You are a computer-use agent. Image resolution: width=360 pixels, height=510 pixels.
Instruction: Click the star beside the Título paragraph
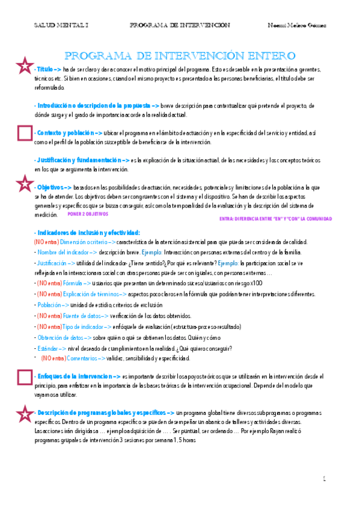(x=24, y=67)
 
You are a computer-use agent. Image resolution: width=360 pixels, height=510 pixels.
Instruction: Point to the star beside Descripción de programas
(x=24, y=413)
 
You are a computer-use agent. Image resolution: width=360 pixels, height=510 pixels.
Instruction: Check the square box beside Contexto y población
(x=25, y=133)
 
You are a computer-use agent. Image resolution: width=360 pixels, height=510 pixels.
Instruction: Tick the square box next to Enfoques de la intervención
(x=25, y=376)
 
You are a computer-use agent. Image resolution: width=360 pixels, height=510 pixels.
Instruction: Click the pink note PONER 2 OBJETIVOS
(x=87, y=214)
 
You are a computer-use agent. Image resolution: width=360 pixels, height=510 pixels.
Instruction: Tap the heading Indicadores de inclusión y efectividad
(x=87, y=232)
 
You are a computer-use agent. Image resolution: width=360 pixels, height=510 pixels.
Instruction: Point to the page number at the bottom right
(x=324, y=479)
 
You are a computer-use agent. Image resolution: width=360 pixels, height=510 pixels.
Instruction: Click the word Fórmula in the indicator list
(x=73, y=283)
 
